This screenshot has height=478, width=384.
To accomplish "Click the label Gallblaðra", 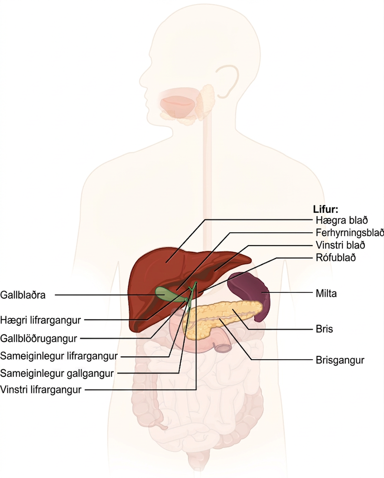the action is click(x=23, y=295).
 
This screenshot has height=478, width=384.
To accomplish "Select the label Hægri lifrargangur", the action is click(x=41, y=320).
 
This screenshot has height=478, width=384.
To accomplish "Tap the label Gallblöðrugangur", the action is click(x=39, y=338).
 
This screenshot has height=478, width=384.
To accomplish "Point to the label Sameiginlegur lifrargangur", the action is click(x=59, y=356).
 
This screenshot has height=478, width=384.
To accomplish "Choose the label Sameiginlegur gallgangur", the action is click(x=57, y=373).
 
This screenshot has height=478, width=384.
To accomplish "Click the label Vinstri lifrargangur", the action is click(x=41, y=390).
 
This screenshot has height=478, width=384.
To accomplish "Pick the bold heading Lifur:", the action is click(x=325, y=209).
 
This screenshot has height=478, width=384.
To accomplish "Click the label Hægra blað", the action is click(x=342, y=220).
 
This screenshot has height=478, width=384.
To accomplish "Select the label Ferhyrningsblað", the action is click(x=350, y=233).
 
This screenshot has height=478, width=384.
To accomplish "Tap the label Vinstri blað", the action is click(x=340, y=245).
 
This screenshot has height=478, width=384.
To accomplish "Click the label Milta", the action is click(x=326, y=293).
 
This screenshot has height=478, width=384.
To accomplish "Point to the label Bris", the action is click(x=324, y=329).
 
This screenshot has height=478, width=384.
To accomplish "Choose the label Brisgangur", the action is click(x=340, y=360).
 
